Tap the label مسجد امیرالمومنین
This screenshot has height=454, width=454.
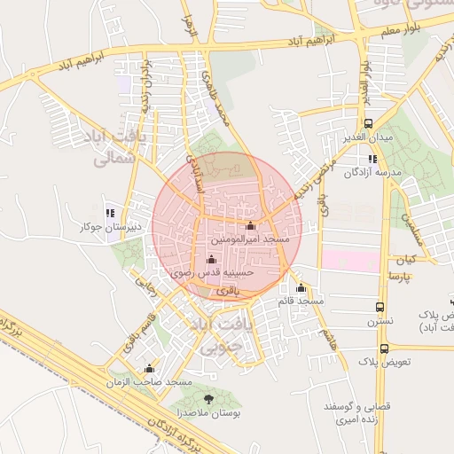point(249,239)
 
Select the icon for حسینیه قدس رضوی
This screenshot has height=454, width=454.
point(211,259)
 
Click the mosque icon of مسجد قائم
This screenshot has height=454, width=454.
point(301,287)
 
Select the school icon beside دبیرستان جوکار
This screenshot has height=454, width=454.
point(110,213)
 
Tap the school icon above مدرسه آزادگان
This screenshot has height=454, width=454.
point(373,159)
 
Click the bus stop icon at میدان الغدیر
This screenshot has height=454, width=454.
point(368,124)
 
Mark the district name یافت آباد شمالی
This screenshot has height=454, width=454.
point(117,148)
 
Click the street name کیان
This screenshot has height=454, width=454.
point(406,259)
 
